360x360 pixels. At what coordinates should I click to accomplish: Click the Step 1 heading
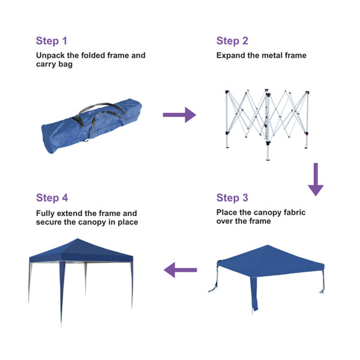click(52, 41)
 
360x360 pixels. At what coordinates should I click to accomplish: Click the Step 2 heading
click(232, 41)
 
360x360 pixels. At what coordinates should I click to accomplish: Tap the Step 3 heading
click(232, 198)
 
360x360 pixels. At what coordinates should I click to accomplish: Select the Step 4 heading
click(52, 198)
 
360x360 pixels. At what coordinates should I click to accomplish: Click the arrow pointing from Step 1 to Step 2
click(179, 115)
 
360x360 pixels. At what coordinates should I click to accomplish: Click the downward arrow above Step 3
click(316, 179)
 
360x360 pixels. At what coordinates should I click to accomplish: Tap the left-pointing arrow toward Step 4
click(180, 270)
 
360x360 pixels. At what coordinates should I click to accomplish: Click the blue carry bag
click(91, 126)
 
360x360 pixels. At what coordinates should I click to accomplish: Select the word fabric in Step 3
click(295, 212)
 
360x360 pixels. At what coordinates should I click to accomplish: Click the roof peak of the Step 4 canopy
click(77, 239)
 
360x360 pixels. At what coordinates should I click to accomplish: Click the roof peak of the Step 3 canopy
click(268, 245)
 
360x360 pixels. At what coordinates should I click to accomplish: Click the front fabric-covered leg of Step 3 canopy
click(254, 294)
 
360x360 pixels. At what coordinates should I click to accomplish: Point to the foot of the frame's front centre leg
click(268, 159)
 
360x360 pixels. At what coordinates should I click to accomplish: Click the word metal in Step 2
click(272, 56)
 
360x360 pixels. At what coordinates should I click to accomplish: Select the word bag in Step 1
click(65, 65)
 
